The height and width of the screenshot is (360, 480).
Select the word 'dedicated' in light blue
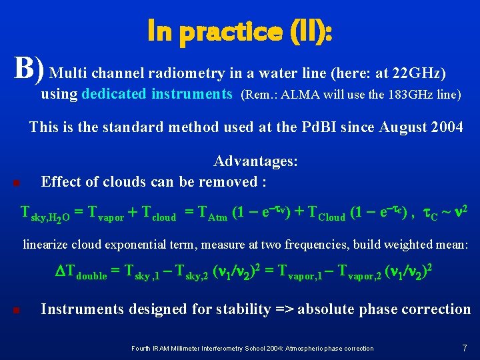click(x=114, y=94)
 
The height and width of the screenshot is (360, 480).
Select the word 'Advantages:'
click(x=255, y=161)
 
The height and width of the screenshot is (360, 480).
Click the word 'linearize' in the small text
click(x=46, y=245)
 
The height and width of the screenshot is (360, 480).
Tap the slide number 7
click(x=464, y=347)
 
